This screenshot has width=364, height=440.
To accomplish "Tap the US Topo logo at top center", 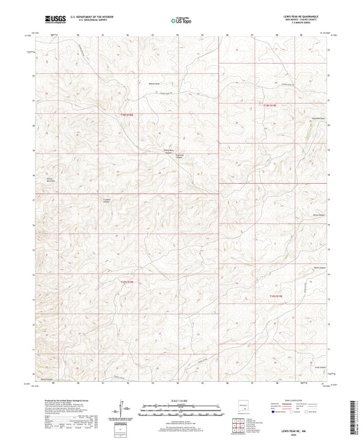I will click(x=180, y=20).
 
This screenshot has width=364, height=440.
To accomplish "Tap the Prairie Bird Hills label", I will click(x=49, y=180).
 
